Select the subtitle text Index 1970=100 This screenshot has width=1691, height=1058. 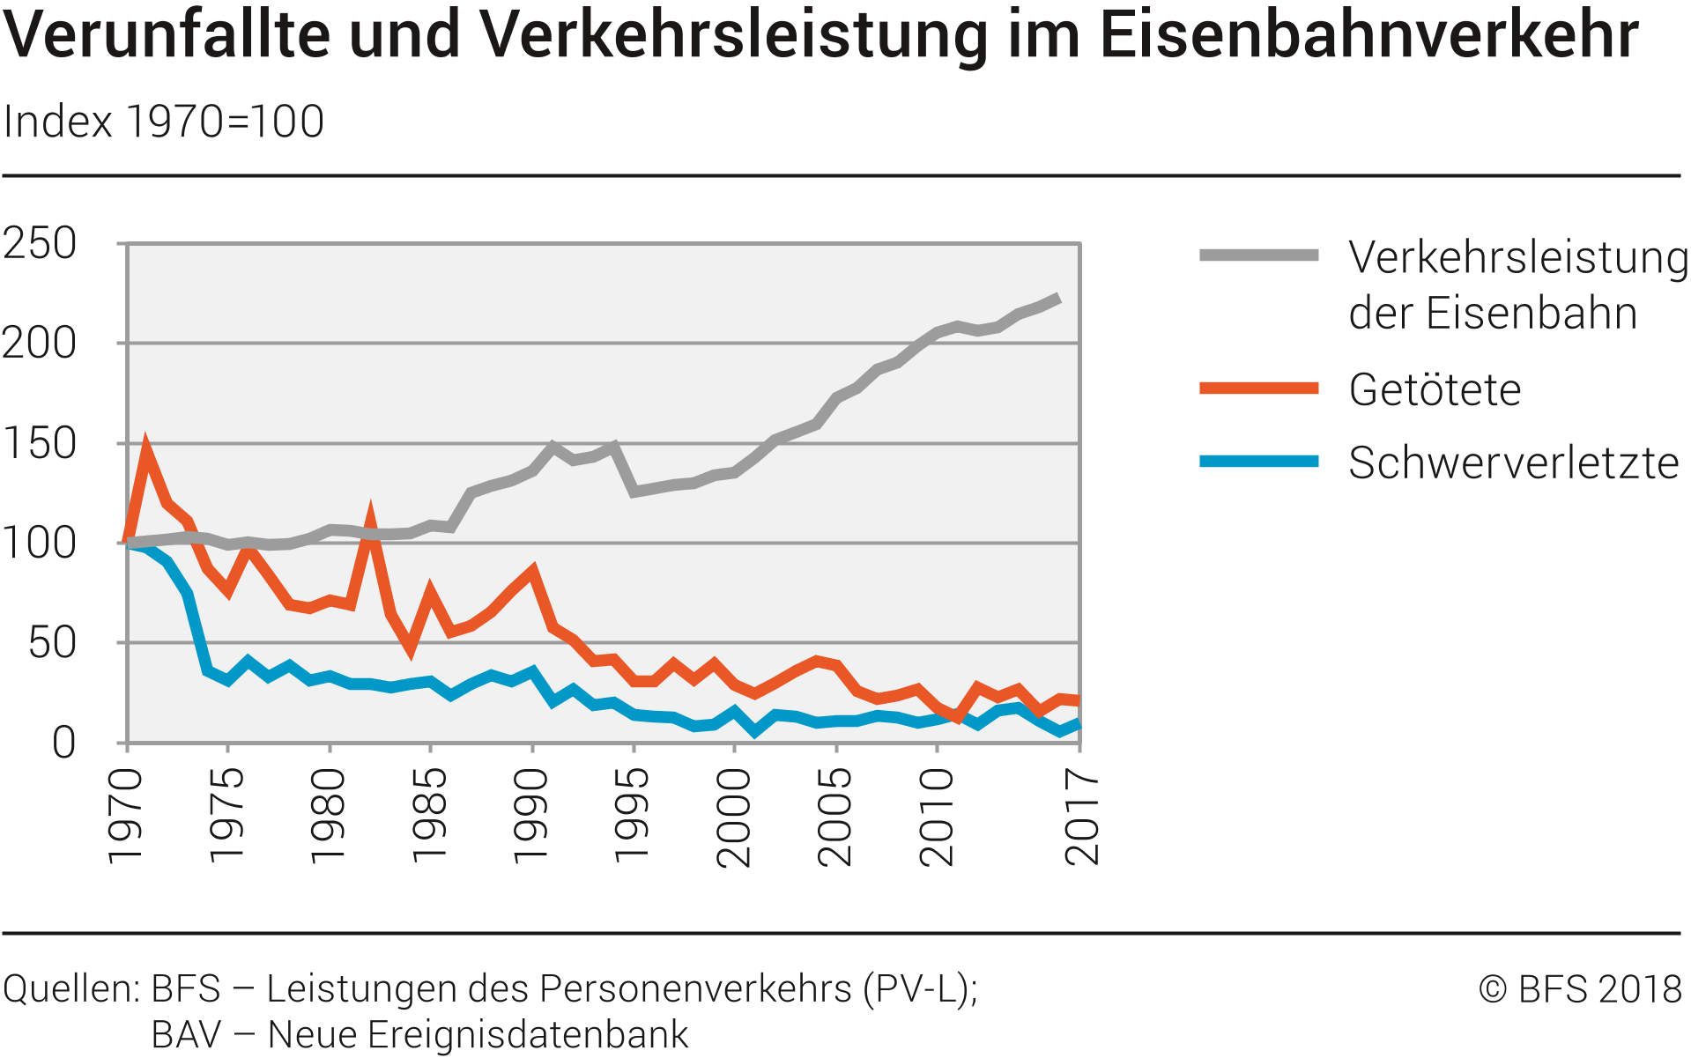tap(164, 122)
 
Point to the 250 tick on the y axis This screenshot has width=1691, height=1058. tap(40, 243)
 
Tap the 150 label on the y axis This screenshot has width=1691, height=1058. tap(40, 443)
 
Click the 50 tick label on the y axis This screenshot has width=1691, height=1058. tap(52, 643)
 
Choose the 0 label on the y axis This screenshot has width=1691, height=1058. tap(63, 743)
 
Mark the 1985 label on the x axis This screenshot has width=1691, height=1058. tap(429, 815)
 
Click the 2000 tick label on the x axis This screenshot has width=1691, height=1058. tap(733, 817)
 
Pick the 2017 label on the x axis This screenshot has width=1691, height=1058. tap(1082, 817)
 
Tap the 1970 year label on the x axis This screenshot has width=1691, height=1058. tap(125, 815)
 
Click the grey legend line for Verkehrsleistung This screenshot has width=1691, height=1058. tap(1258, 255)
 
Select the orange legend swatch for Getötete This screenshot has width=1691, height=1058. tap(1258, 388)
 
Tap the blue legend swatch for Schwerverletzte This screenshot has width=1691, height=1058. tap(1258, 462)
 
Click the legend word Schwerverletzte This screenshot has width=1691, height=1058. tap(1513, 463)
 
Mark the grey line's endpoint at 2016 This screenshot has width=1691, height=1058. tap(1057, 299)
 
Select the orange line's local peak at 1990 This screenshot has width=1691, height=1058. tap(532, 572)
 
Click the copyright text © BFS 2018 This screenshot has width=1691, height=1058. tap(1580, 989)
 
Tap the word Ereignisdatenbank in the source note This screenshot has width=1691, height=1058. tap(528, 1034)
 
